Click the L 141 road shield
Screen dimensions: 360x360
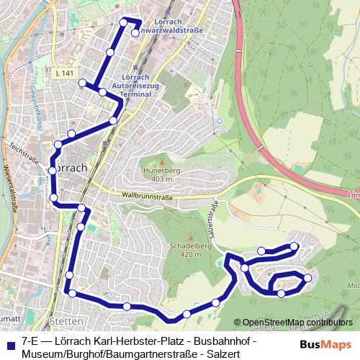tap(64, 73)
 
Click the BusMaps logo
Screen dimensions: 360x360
tap(325, 344)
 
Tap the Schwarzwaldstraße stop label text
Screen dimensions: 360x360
tap(172, 31)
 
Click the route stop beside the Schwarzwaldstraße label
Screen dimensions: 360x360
tap(135, 32)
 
